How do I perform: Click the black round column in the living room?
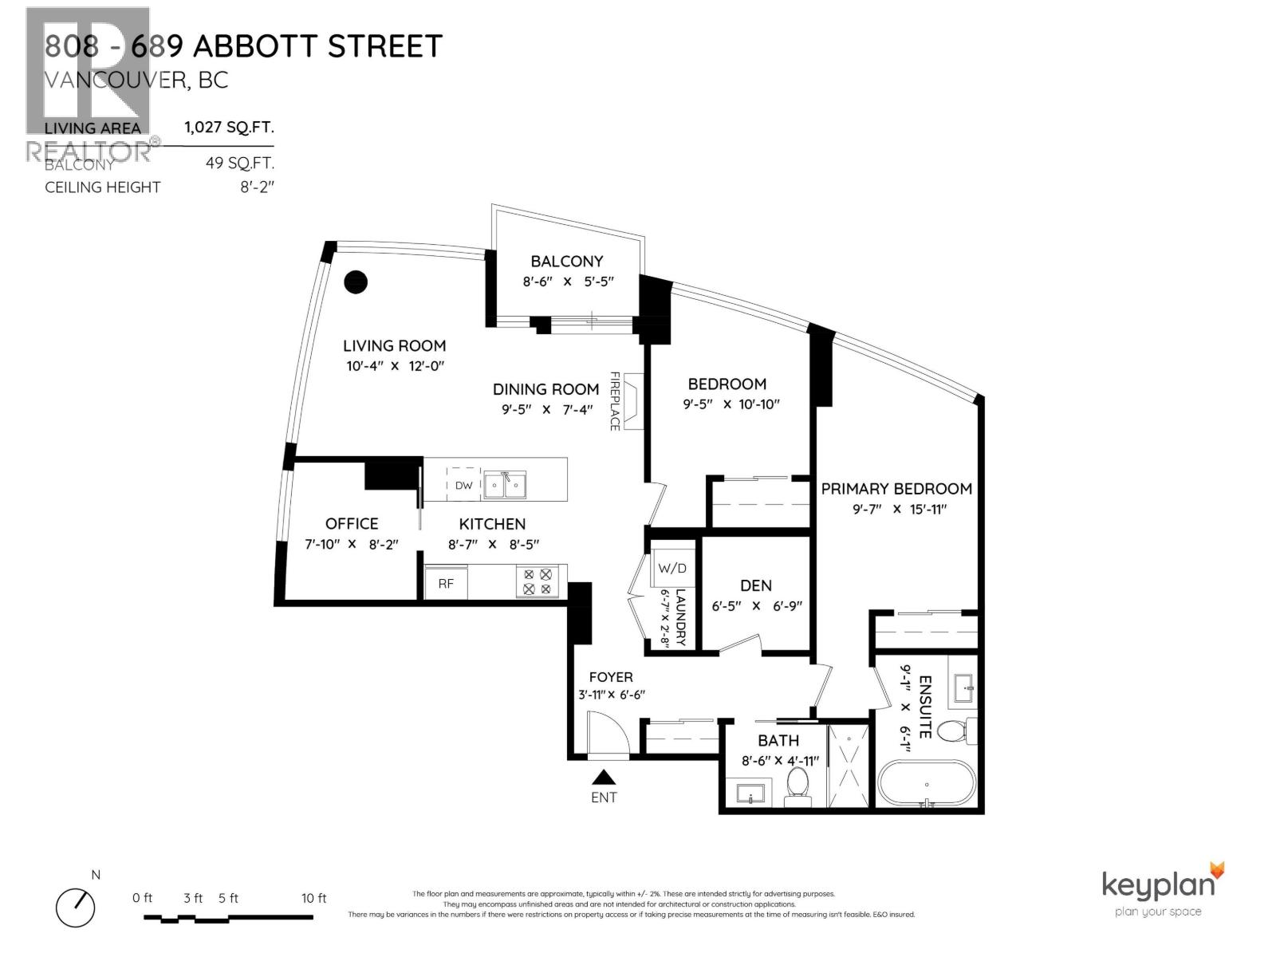pyautogui.click(x=356, y=282)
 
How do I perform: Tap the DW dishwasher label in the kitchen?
pyautogui.click(x=463, y=486)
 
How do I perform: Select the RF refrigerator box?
pyautogui.click(x=445, y=584)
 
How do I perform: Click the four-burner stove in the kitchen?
pyautogui.click(x=537, y=581)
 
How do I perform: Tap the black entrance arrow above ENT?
pyautogui.click(x=604, y=777)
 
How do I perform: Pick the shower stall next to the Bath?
pyautogui.click(x=850, y=766)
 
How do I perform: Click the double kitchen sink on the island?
pyautogui.click(x=504, y=485)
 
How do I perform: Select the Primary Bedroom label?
pyautogui.click(x=896, y=488)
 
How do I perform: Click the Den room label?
pyautogui.click(x=755, y=585)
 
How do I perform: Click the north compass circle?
pyautogui.click(x=76, y=907)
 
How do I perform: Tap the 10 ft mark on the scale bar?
pyautogui.click(x=313, y=898)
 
